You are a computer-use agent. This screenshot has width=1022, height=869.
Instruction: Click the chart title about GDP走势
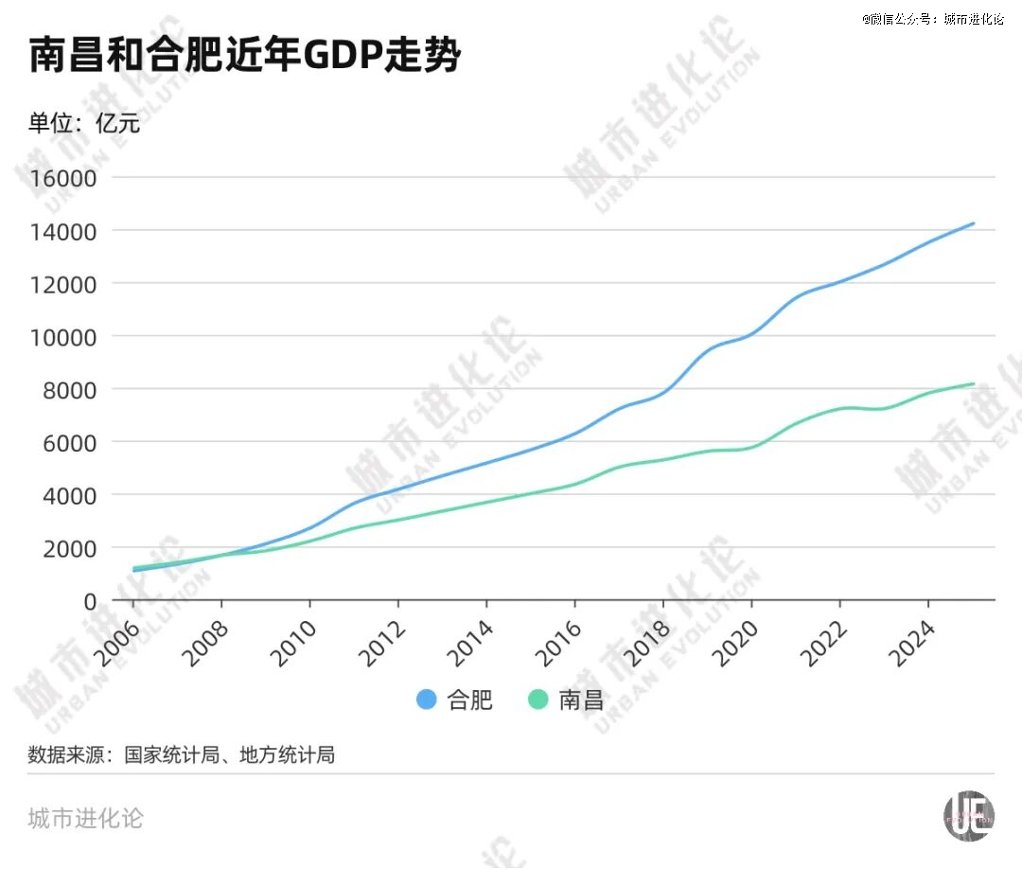point(245,58)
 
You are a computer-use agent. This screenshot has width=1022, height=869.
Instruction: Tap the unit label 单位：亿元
point(84,123)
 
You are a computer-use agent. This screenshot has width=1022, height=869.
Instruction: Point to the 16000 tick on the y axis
point(63,178)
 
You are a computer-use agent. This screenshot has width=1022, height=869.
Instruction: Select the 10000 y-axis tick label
point(63,336)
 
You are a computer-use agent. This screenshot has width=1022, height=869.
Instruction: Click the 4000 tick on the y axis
point(69,495)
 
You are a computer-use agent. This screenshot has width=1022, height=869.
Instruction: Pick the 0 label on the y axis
point(91,601)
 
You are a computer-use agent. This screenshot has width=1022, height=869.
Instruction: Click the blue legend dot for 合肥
point(427,701)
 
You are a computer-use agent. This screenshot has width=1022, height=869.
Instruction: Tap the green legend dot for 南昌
point(538,701)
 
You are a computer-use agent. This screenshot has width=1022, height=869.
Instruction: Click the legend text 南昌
point(581,701)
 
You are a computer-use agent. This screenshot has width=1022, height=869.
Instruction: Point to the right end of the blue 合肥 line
point(973,224)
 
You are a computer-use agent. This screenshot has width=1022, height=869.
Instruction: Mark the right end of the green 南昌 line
point(973,384)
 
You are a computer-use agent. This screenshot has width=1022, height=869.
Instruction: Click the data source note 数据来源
point(181,755)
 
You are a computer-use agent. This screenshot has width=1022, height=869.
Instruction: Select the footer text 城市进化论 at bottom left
point(85,818)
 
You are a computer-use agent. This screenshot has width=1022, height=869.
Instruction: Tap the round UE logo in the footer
point(970,815)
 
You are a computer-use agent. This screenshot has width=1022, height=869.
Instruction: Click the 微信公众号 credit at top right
point(932,19)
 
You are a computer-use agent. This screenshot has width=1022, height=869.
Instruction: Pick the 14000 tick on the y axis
point(63,231)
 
